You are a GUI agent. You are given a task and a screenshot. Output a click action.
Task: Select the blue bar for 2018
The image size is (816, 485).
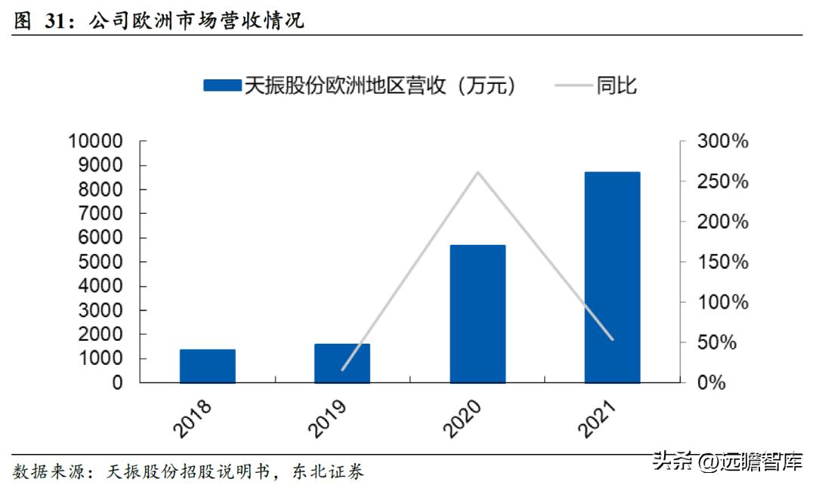(x=208, y=366)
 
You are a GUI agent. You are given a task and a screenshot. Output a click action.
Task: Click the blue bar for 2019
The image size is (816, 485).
(x=342, y=363)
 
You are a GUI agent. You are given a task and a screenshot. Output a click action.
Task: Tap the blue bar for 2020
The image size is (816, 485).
(x=478, y=314)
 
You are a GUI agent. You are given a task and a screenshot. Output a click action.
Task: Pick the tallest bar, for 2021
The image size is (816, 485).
(x=612, y=277)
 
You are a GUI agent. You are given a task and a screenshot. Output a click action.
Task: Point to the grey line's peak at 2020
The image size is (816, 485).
(x=478, y=172)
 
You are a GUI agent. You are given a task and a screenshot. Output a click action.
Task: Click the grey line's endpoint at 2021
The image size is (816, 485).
(x=612, y=339)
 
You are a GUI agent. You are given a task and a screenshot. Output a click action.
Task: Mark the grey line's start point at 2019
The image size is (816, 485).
(x=342, y=370)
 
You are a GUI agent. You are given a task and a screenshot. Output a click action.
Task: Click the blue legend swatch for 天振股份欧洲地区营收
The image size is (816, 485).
(x=221, y=85)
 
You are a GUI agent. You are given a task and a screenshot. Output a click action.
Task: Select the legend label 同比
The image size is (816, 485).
(x=617, y=85)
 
